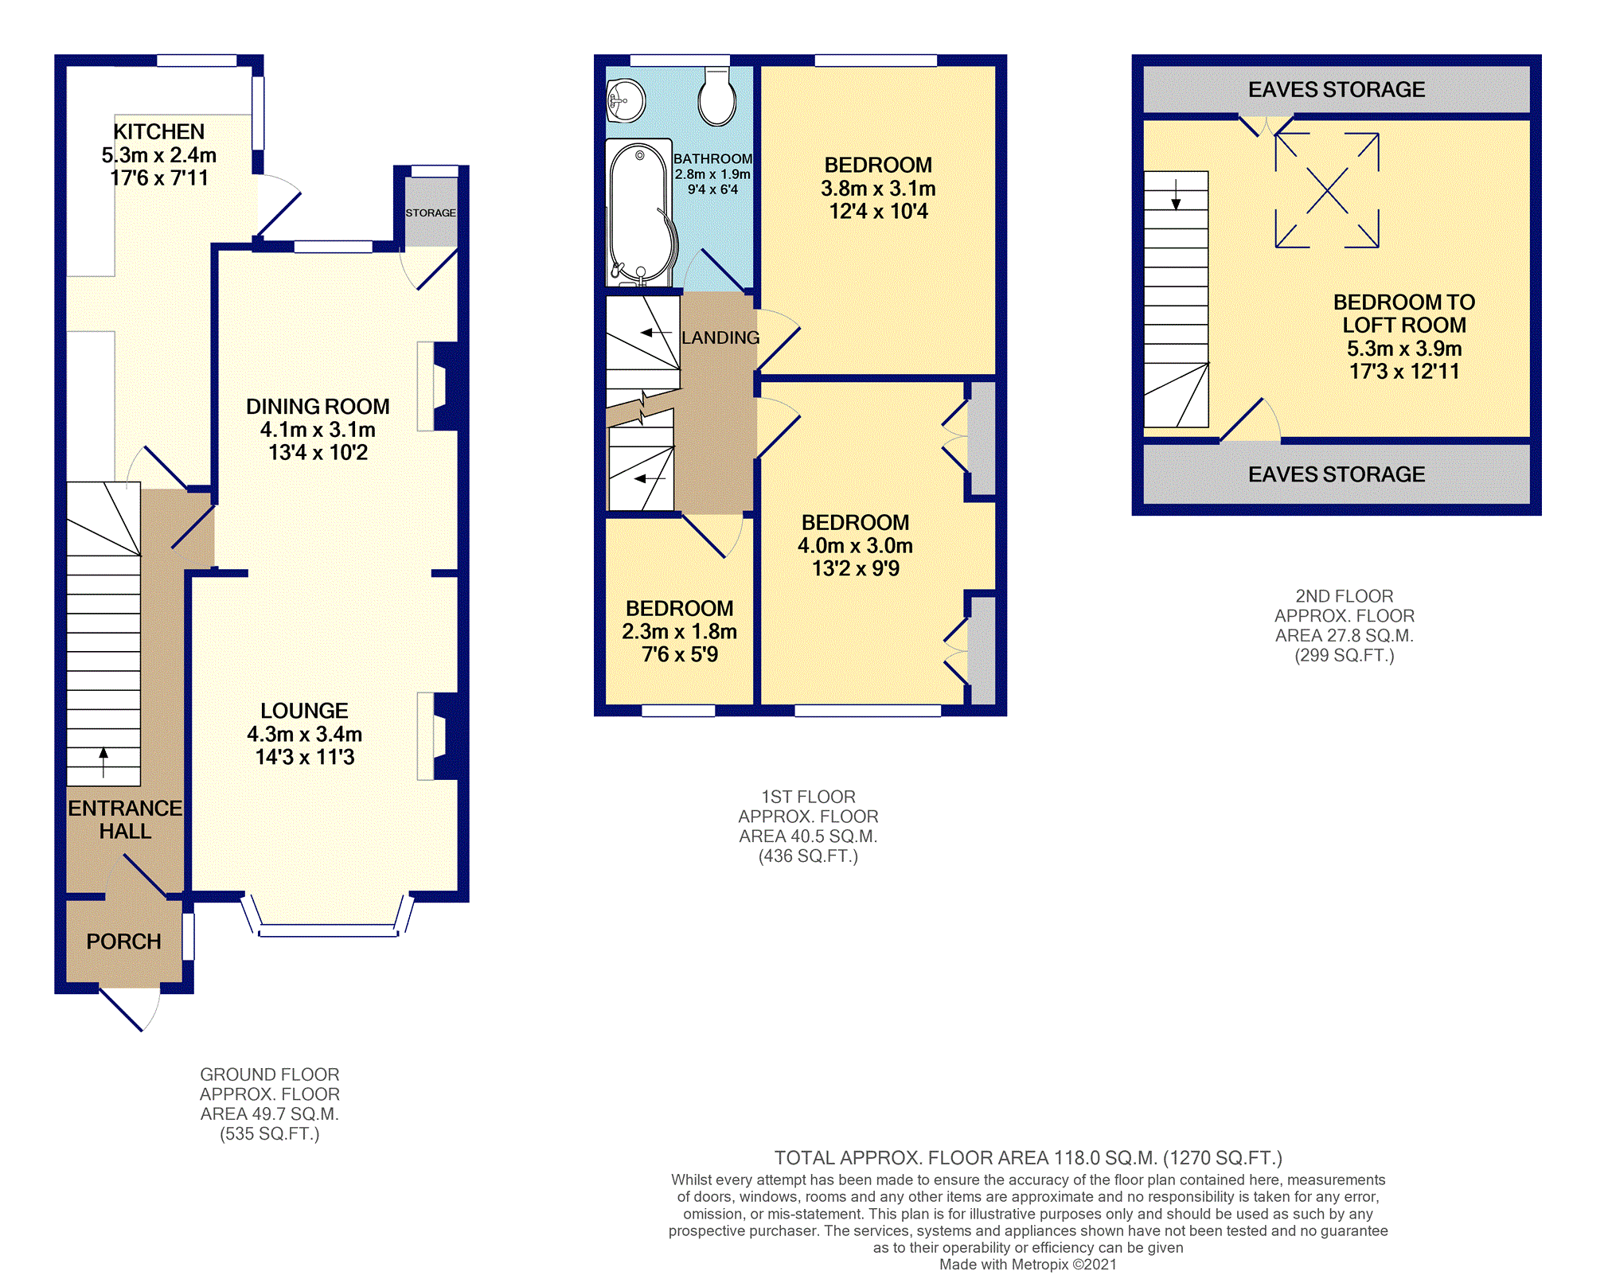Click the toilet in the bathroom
click(x=717, y=96)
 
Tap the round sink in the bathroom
click(x=626, y=101)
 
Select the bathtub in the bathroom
click(x=640, y=213)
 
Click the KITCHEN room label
click(x=158, y=131)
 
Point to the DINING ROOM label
click(x=318, y=407)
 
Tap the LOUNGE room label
click(x=304, y=711)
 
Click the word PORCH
click(x=123, y=942)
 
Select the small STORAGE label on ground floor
click(x=431, y=213)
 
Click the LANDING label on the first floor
click(x=720, y=337)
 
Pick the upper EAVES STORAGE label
click(x=1337, y=89)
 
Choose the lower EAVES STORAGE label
click(x=1337, y=474)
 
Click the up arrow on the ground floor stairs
click(x=103, y=762)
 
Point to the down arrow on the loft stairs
click(x=1176, y=194)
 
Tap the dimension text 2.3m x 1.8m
click(x=679, y=632)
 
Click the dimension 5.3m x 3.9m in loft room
click(x=1404, y=349)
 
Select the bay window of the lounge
click(x=328, y=915)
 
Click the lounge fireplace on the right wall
click(x=438, y=736)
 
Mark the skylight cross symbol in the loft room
click(x=1327, y=190)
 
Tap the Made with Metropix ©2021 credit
click(x=1028, y=1265)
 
